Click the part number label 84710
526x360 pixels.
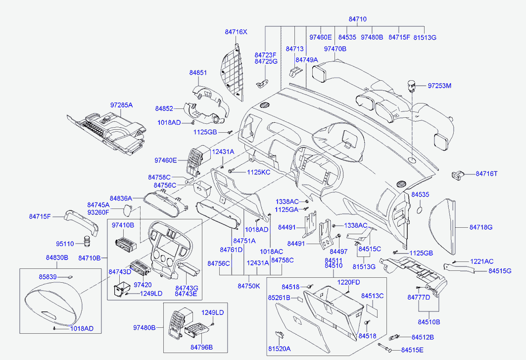tap(357, 19)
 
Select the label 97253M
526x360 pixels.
tap(440, 86)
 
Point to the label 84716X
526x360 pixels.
tap(236, 32)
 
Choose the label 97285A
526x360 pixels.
tap(122, 105)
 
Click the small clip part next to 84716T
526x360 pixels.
tap(459, 174)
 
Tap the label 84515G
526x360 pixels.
tap(500, 271)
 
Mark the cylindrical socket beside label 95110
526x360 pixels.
tap(88, 243)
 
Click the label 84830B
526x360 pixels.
tap(57, 257)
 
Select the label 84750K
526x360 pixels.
tap(248, 286)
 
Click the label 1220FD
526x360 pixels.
tap(349, 282)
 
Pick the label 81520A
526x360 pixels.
tap(279, 349)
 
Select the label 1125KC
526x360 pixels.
tap(259, 172)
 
